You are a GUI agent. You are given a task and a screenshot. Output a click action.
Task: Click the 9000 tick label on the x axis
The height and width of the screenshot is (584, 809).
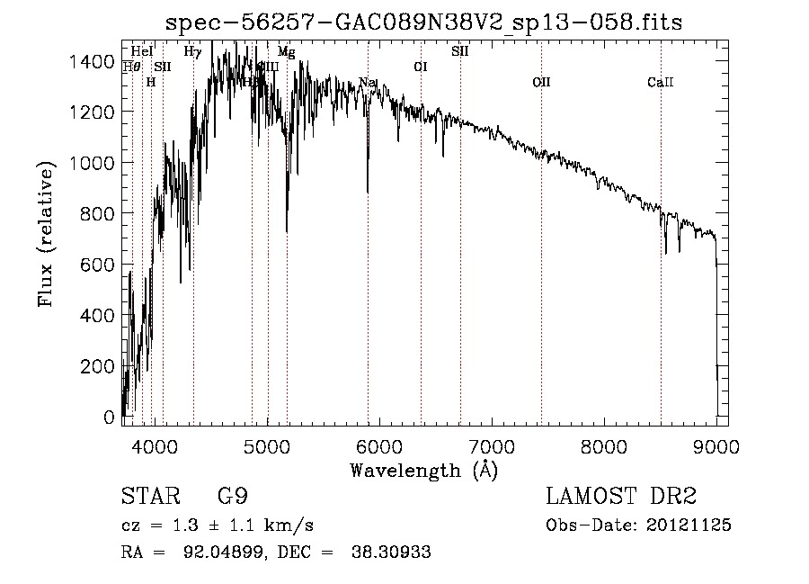716,446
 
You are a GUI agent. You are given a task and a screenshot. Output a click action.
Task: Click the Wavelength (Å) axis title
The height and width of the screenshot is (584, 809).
423,470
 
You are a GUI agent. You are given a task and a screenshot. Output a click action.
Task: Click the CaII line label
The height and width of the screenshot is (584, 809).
661,83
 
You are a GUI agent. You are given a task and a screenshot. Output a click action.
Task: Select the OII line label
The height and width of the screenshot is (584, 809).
541,83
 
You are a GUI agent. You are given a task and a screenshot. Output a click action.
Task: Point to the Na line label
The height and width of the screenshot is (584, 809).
367,83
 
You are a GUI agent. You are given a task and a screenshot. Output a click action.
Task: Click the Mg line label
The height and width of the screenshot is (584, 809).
286,52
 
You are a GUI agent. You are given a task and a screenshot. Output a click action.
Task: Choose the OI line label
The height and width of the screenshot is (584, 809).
421,67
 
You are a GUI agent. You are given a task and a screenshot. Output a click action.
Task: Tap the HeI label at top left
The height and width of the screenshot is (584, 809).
142,52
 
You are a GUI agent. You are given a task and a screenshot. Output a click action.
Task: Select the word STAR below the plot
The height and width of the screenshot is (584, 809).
149,497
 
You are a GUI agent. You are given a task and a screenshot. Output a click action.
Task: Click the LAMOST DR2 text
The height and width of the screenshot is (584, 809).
621,497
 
